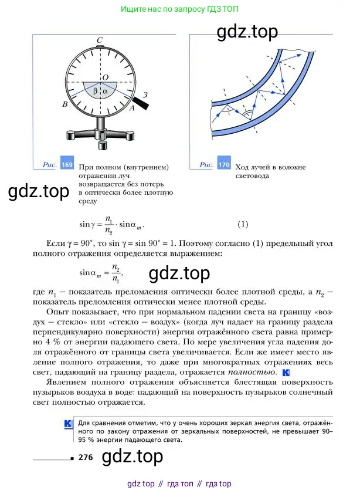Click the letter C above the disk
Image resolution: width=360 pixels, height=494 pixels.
(100, 40)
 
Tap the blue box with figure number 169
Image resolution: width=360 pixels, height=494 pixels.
(67, 165)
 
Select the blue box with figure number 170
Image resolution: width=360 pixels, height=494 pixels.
(223, 165)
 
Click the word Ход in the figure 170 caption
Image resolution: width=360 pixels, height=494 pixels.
(242, 167)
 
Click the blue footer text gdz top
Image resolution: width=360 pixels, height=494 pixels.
(141, 484)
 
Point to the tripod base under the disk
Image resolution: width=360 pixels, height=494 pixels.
(101, 135)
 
